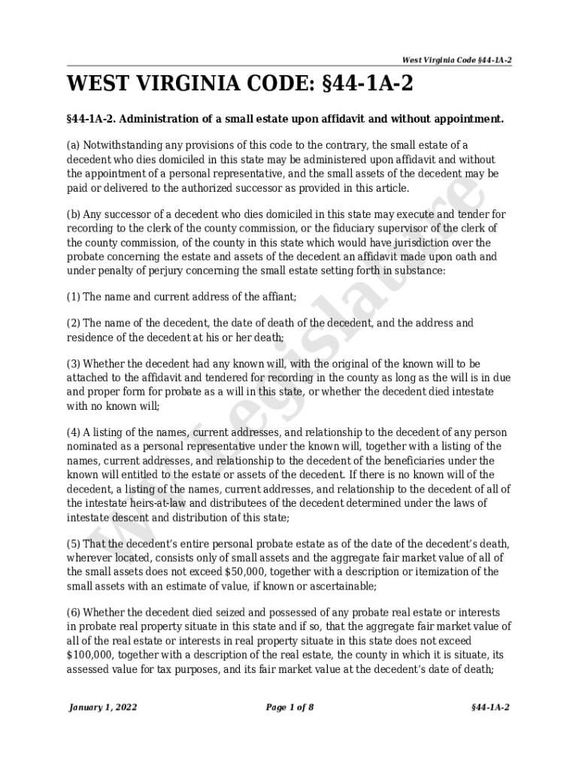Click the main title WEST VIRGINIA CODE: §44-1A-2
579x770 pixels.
pyautogui.click(x=240, y=85)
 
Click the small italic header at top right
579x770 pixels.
pyautogui.click(x=458, y=59)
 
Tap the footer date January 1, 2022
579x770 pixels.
pyautogui.click(x=103, y=708)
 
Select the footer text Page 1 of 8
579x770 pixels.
pyautogui.click(x=289, y=708)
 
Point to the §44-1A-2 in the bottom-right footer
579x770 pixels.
pyautogui.click(x=490, y=708)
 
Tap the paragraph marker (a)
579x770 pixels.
pyautogui.click(x=73, y=144)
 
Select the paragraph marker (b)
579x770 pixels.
pyautogui.click(x=74, y=214)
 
